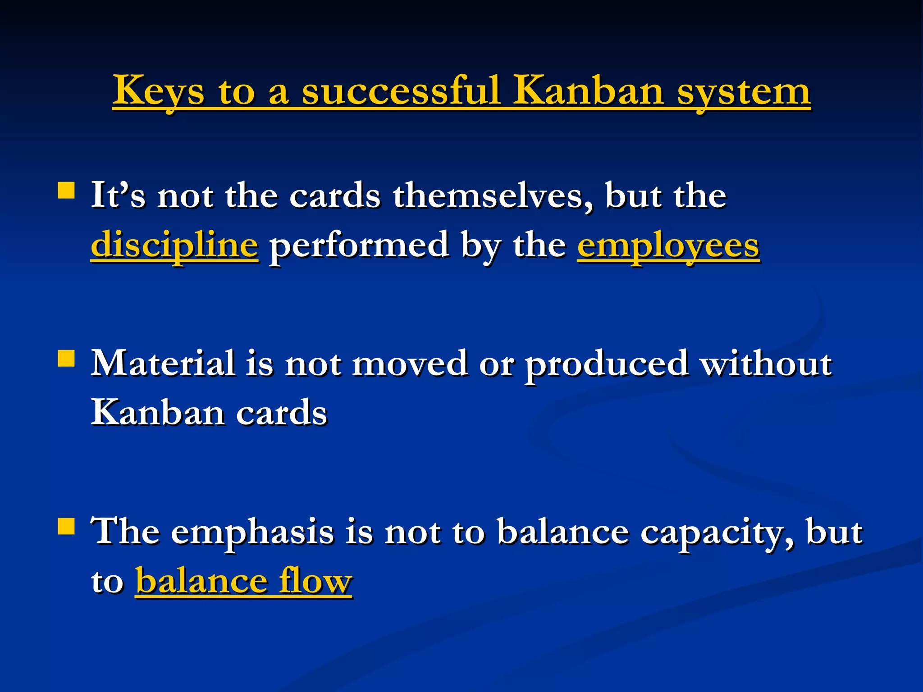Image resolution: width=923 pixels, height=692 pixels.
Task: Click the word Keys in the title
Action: point(158,91)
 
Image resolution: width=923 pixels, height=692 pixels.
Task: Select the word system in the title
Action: point(744,92)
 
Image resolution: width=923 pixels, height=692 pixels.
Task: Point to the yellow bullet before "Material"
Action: point(66,359)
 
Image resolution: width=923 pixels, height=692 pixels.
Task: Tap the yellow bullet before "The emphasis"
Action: point(66,526)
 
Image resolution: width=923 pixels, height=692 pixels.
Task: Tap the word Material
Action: point(163,363)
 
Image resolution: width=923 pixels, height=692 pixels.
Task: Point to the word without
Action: point(766,363)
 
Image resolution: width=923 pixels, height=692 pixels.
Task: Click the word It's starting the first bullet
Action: point(118,196)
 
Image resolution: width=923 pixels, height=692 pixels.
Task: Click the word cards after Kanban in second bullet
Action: point(282,413)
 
